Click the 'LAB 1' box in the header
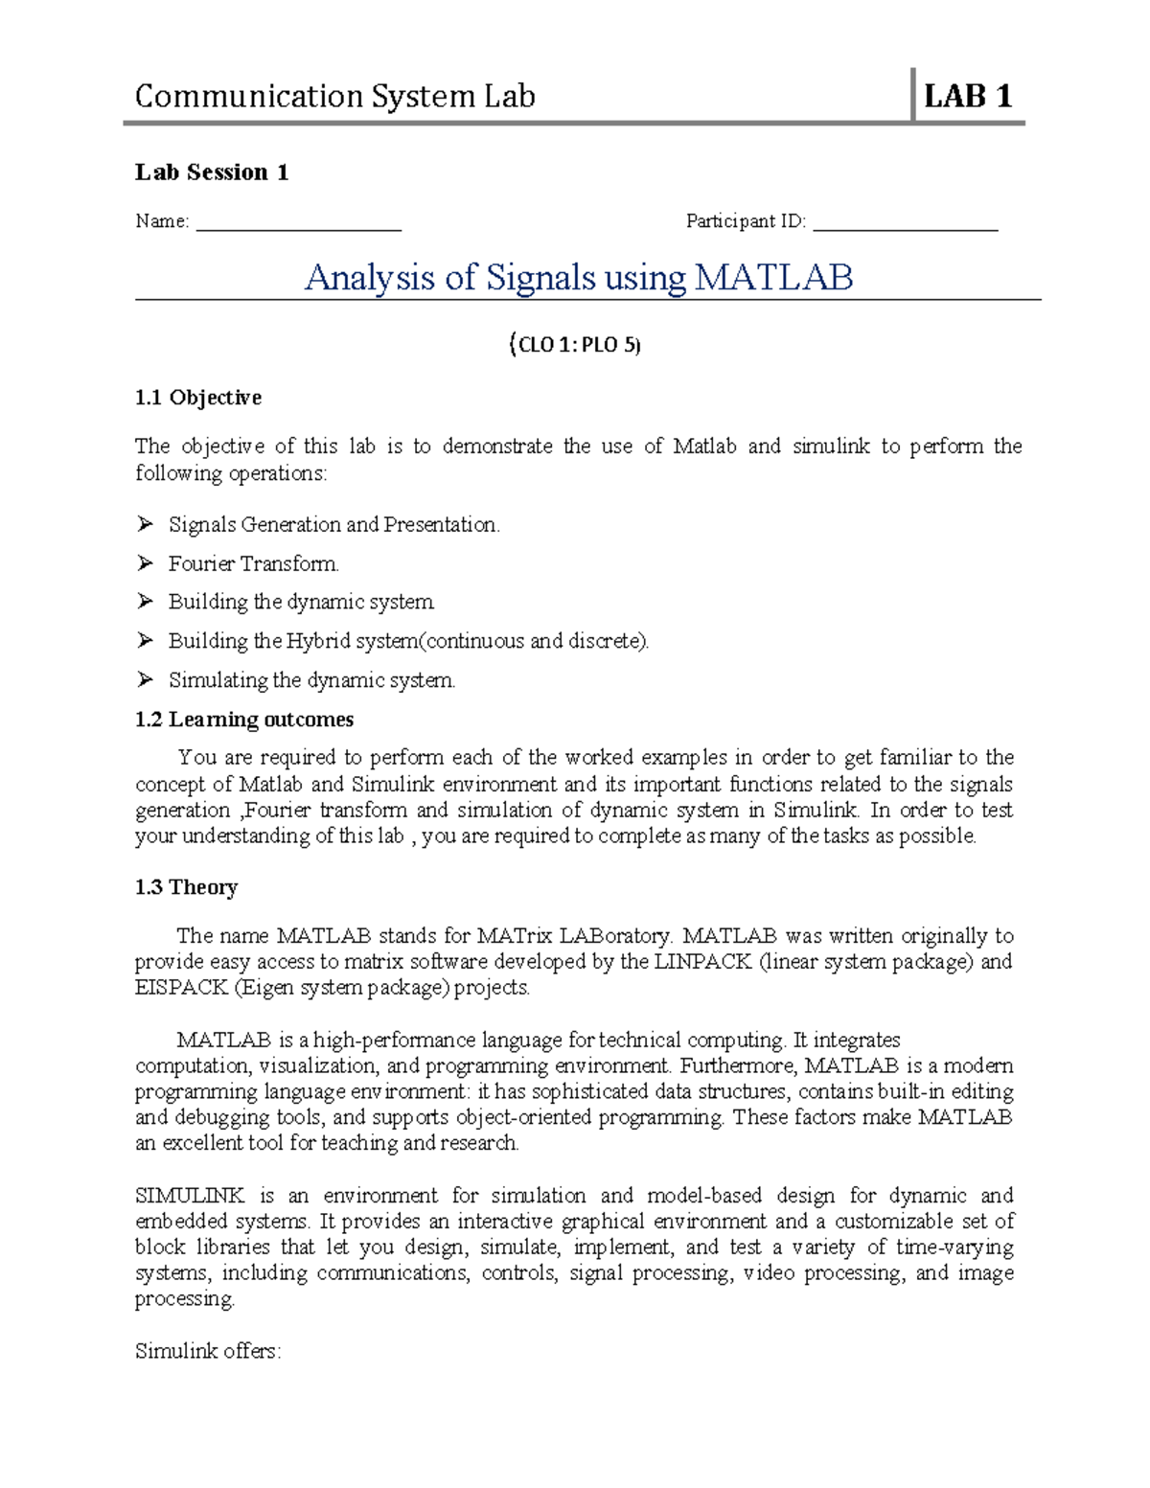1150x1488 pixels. (967, 96)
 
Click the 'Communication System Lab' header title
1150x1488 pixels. (334, 96)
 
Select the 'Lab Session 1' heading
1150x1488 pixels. (212, 172)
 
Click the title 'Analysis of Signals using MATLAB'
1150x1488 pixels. (578, 278)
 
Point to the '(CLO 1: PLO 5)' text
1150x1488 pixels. (574, 345)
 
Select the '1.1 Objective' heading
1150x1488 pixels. (198, 398)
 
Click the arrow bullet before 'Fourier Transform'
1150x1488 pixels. (145, 563)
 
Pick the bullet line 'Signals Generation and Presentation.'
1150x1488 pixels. (333, 524)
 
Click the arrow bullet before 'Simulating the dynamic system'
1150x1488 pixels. (145, 679)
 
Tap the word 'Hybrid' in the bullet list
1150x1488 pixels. (319, 641)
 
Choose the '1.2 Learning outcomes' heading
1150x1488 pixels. (244, 720)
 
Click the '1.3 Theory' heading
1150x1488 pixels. (186, 887)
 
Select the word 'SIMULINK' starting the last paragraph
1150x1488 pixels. (190, 1196)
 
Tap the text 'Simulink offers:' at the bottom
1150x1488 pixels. (208, 1351)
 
